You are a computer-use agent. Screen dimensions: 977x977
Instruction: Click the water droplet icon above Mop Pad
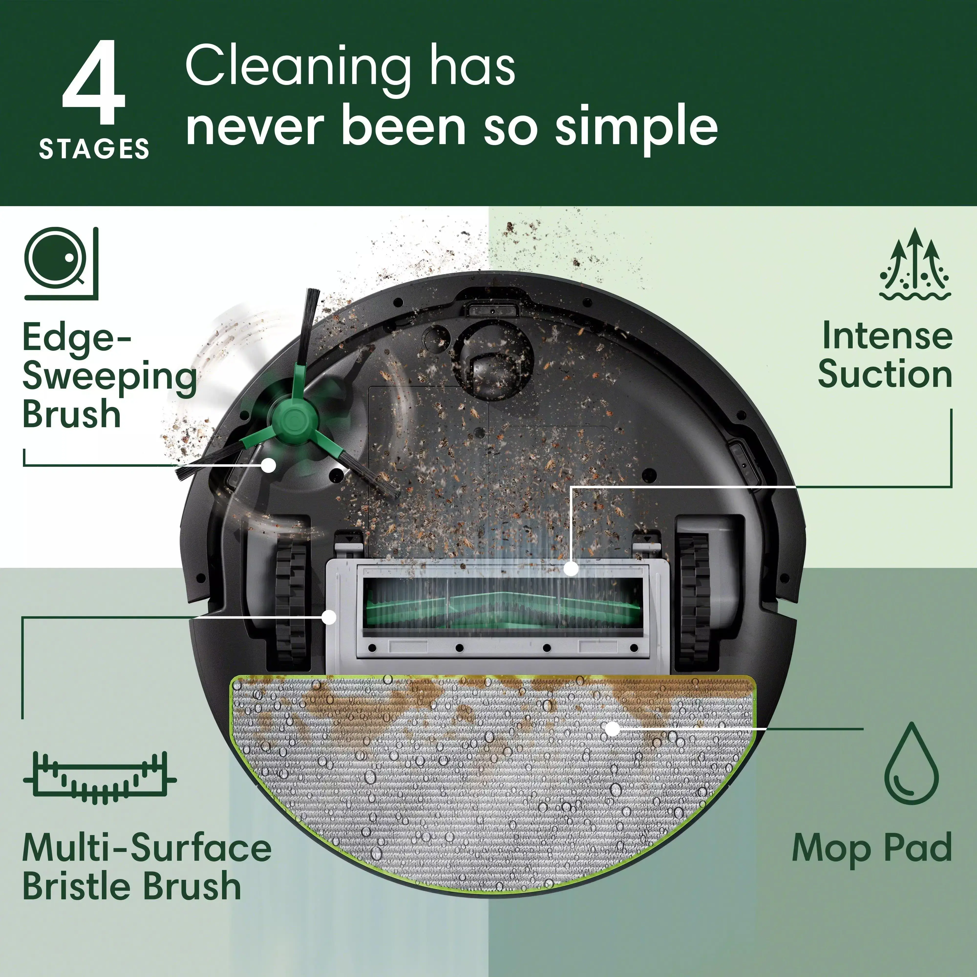(911, 764)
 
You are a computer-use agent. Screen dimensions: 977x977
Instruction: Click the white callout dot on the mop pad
(612, 729)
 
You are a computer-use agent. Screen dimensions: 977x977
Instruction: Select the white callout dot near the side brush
(269, 465)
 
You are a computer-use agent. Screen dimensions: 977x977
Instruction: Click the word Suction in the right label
(885, 375)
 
